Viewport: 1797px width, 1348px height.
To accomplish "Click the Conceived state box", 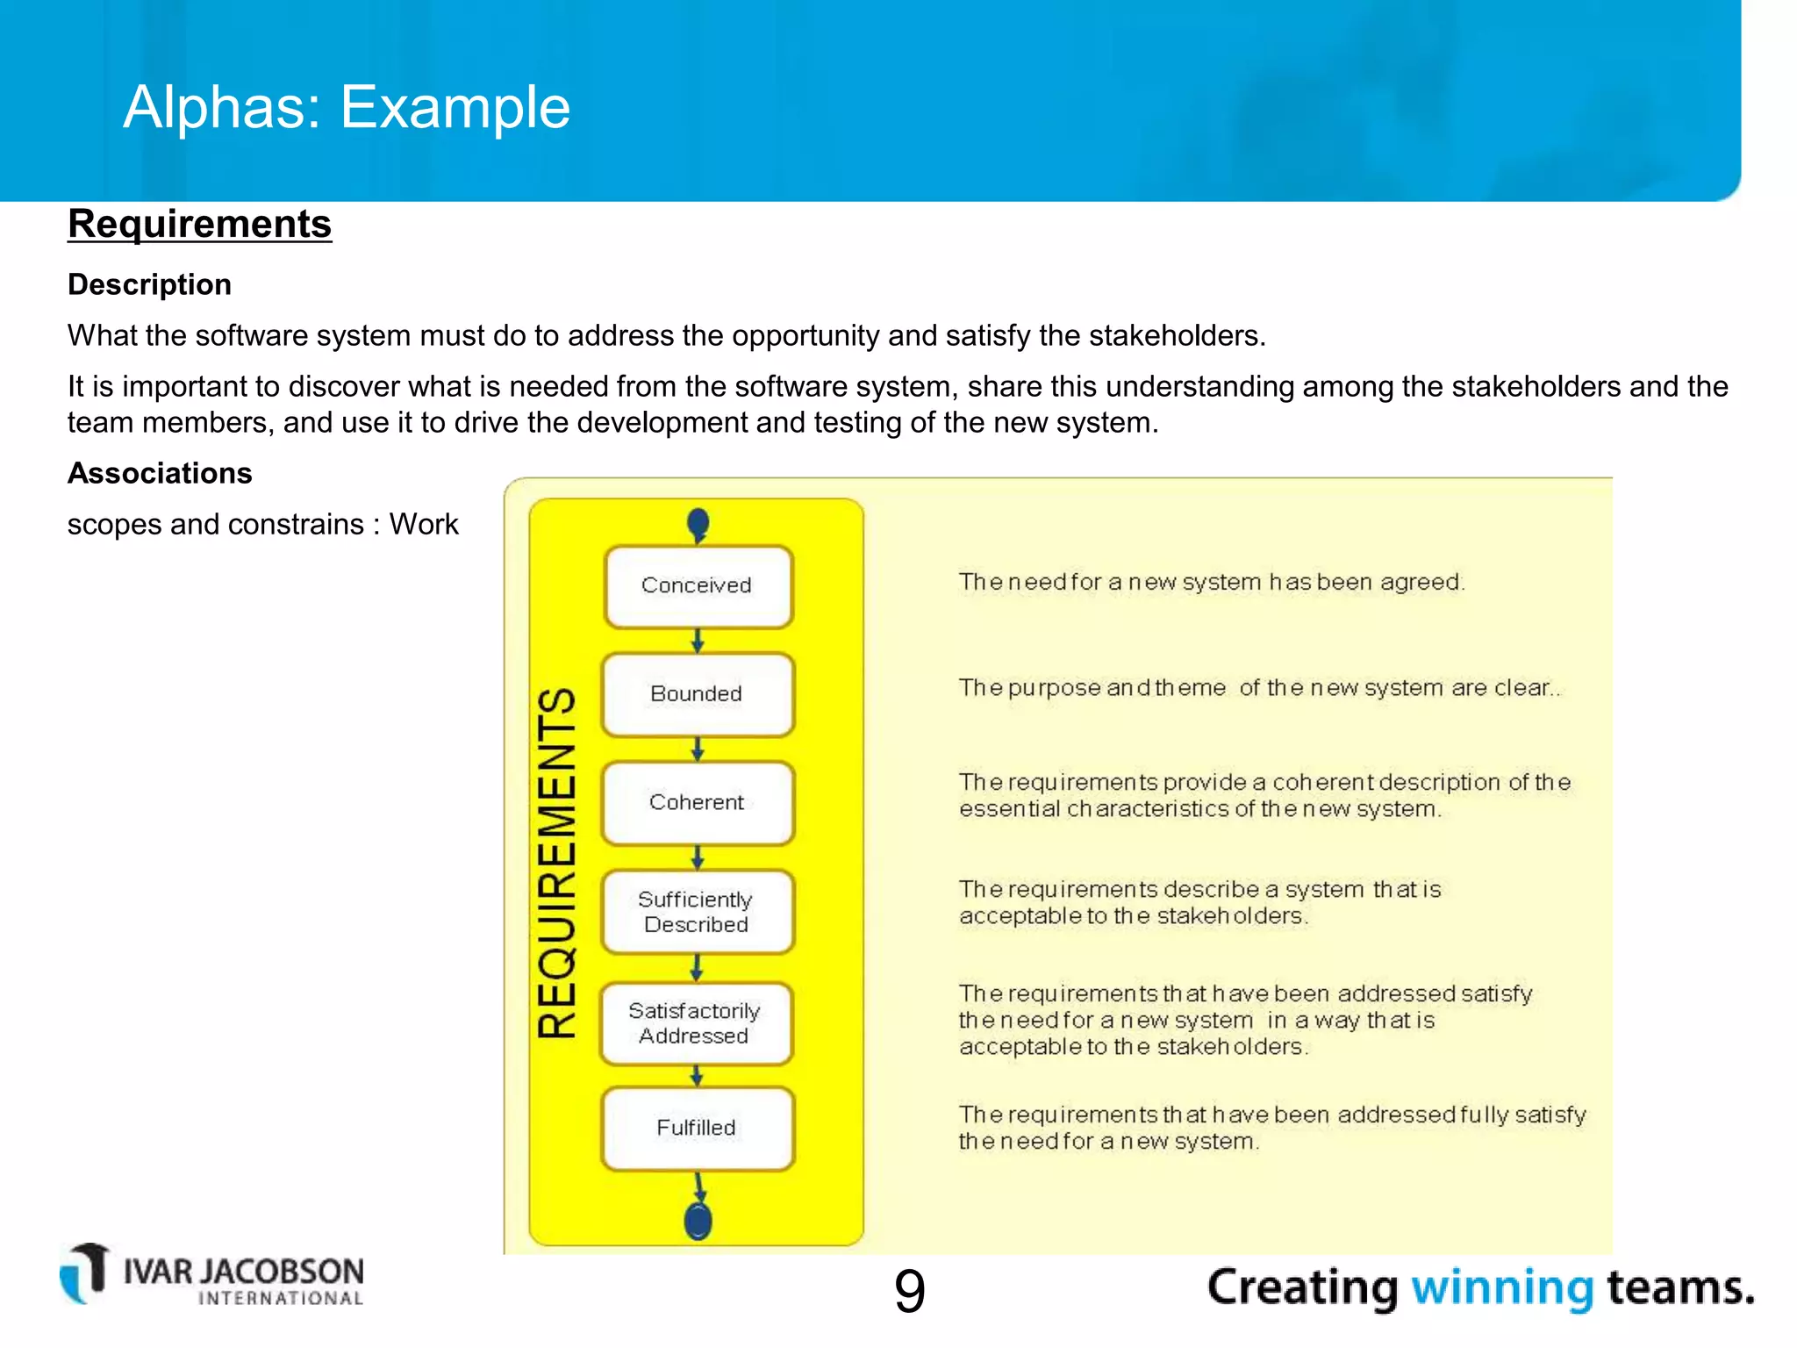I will pos(698,586).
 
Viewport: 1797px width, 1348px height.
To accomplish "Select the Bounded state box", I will pos(698,694).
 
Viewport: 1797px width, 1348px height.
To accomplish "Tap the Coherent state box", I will pos(698,802).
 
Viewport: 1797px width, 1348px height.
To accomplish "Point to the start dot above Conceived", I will pos(698,524).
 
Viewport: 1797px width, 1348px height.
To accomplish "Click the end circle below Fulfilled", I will pos(698,1221).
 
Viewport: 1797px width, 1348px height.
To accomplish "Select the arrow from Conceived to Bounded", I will pos(698,641).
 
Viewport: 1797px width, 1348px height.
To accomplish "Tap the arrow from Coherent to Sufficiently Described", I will pos(698,857).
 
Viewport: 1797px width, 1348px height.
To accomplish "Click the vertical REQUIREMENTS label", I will pos(556,864).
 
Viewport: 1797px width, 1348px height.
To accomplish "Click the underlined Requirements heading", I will pos(200,224).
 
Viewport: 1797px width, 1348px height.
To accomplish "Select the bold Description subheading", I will pos(149,284).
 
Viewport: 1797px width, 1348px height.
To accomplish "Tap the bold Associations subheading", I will pos(160,473).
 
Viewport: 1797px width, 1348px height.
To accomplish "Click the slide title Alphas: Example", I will pos(347,107).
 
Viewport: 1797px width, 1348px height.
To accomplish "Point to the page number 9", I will pos(909,1292).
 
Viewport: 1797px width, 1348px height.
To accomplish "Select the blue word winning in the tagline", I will pos(1501,1288).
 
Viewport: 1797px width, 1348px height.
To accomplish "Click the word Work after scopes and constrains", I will pos(424,525).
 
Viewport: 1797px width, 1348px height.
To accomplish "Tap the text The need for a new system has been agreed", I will pos(1211,582).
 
